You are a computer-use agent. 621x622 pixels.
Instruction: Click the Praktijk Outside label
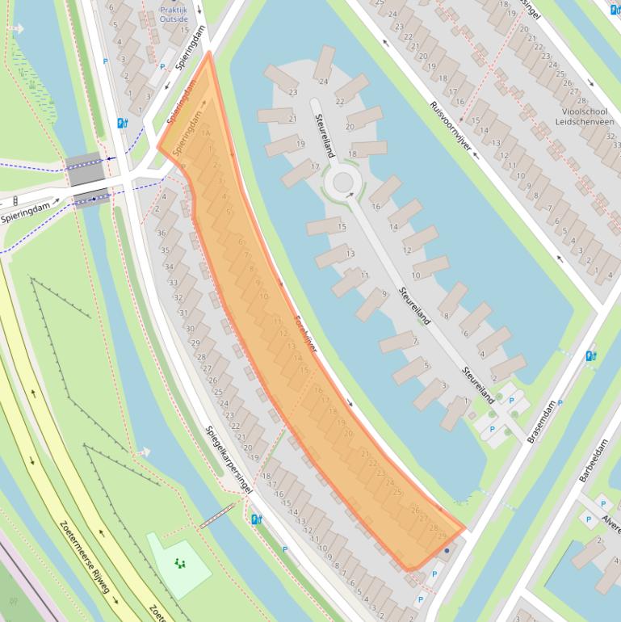pos(173,13)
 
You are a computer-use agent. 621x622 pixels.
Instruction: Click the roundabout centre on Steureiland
pos(342,181)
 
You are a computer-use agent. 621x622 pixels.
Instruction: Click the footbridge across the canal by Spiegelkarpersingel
pos(216,515)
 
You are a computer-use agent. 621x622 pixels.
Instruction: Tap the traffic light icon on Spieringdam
pos(15,200)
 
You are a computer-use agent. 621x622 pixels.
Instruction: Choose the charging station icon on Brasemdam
pos(591,355)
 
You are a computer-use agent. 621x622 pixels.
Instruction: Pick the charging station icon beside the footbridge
pos(257,519)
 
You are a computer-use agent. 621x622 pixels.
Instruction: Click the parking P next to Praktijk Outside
pos(162,67)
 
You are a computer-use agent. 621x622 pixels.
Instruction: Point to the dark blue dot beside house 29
pos(447,551)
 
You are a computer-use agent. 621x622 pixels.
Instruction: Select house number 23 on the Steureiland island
pos(292,93)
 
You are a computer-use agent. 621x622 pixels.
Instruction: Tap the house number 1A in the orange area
pos(205,133)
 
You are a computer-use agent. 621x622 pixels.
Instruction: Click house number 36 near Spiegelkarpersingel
pos(162,233)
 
